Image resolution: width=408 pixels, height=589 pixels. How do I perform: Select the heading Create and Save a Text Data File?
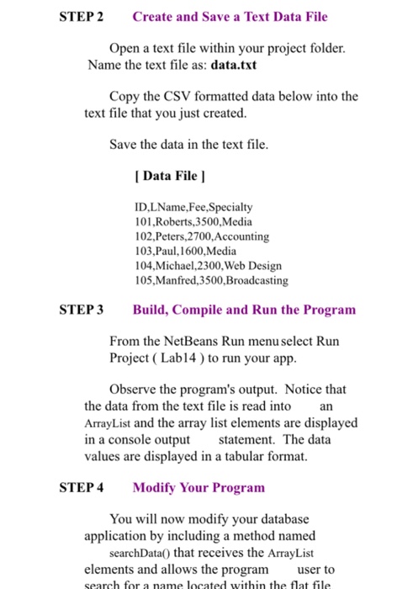pyautogui.click(x=230, y=17)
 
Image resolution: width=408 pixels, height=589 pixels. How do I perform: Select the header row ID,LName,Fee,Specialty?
pyautogui.click(x=193, y=206)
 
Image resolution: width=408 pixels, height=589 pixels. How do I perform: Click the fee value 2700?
pyautogui.click(x=198, y=236)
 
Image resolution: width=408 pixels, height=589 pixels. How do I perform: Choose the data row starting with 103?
pyautogui.click(x=185, y=250)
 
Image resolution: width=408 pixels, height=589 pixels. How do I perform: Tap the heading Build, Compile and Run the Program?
pyautogui.click(x=244, y=310)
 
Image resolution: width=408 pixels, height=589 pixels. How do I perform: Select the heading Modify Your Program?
pyautogui.click(x=198, y=487)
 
